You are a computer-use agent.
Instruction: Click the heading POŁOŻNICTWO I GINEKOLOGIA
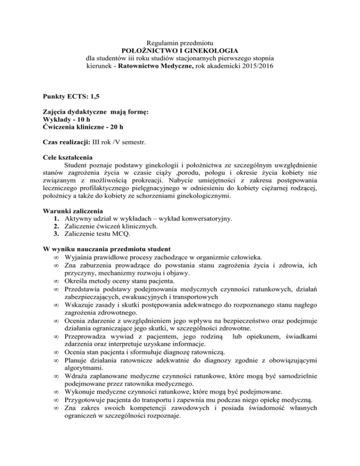(x=180, y=50)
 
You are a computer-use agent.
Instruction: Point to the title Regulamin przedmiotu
(x=180, y=42)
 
